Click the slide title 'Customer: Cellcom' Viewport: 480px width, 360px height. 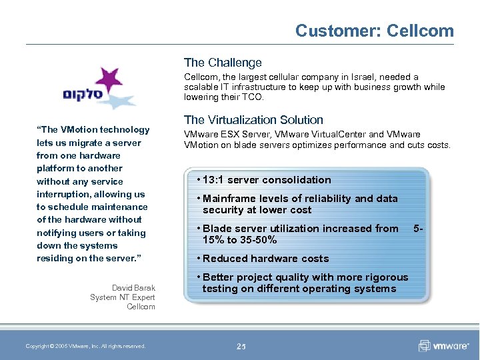[x=374, y=31]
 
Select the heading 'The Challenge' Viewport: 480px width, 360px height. [x=223, y=63]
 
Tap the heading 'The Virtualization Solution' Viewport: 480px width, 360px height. [x=253, y=120]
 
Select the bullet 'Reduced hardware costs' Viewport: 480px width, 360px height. [x=265, y=259]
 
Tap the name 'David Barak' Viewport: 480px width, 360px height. [x=133, y=288]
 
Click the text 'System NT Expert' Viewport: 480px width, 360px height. [x=122, y=297]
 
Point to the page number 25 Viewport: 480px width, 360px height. [x=241, y=346]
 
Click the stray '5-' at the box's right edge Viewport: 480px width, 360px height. [x=418, y=228]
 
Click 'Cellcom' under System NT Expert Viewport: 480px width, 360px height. [x=141, y=307]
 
